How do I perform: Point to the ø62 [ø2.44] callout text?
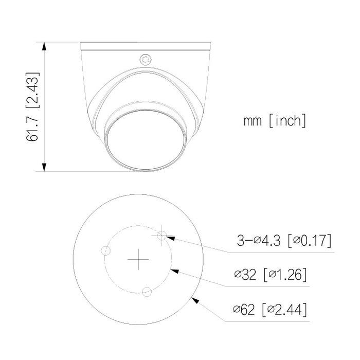(271, 310)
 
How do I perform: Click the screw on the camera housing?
(146, 60)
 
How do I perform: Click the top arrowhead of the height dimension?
(45, 46)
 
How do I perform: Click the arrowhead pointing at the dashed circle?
(174, 269)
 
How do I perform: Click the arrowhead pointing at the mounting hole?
(170, 238)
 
